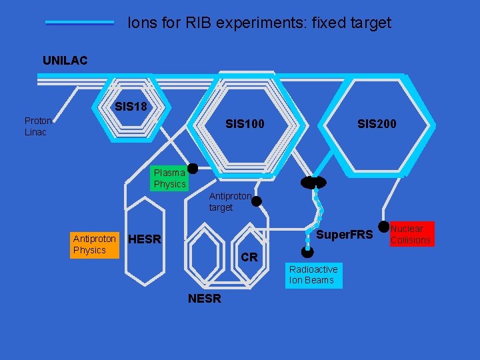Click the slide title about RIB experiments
point(259,23)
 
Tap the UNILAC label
point(65,61)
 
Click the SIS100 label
point(245,124)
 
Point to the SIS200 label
point(377,124)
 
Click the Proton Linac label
point(38,126)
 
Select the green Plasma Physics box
point(169,178)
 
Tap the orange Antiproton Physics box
point(94,244)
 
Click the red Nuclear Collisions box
point(411,234)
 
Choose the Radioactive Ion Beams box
point(313,275)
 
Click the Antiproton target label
point(230,202)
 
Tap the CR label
point(249,257)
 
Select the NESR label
point(205,299)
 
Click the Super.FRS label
point(344,235)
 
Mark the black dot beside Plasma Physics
point(193,169)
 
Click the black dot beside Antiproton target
point(256,201)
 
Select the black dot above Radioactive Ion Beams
point(307,252)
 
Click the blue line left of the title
point(80,23)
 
